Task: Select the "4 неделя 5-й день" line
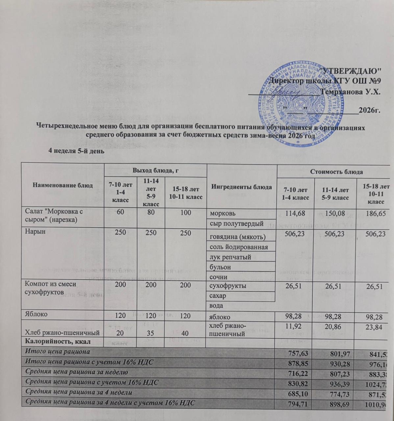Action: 76,151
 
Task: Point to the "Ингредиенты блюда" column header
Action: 241,187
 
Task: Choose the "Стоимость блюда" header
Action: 340,172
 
